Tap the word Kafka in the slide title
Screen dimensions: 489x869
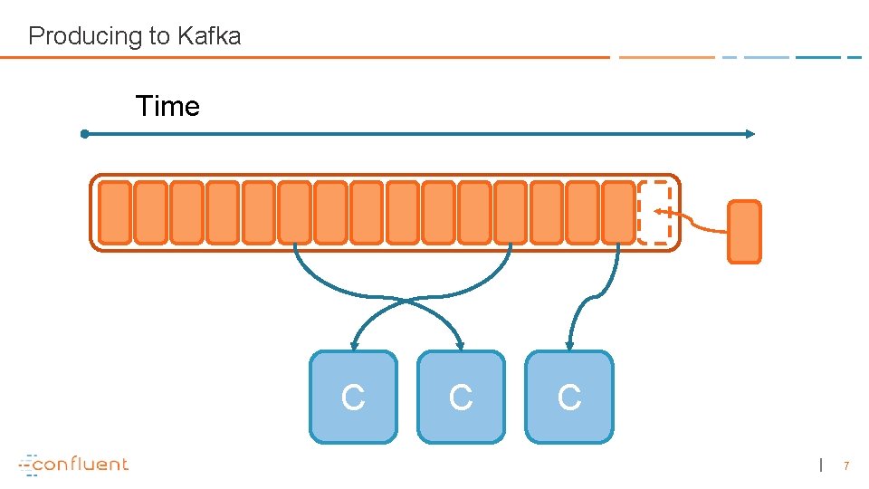[208, 36]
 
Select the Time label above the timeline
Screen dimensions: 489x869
[167, 106]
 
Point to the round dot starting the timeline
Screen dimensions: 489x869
[84, 134]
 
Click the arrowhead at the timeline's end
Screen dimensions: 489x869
[750, 134]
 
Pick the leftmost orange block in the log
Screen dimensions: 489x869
[115, 213]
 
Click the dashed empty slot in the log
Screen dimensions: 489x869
[654, 213]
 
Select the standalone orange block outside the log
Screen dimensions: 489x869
[744, 232]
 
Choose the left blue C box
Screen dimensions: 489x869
[353, 397]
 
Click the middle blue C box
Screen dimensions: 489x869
[461, 397]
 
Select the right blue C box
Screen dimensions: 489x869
[568, 397]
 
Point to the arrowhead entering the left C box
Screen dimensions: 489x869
[355, 345]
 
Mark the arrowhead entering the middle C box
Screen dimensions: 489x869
[461, 345]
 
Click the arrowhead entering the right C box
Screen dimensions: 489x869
[568, 345]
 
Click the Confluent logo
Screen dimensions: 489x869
[74, 464]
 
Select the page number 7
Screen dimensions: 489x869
[846, 465]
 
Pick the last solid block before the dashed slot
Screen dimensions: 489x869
[618, 213]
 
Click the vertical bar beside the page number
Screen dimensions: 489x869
[821, 465]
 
